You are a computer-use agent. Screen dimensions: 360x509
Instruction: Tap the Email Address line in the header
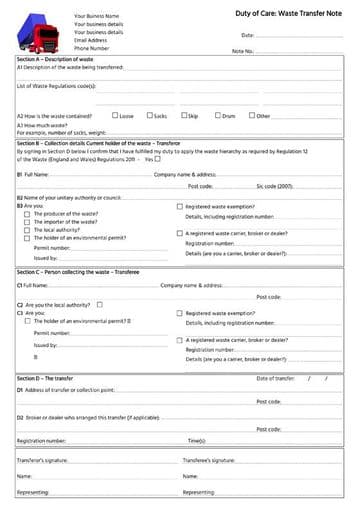92,40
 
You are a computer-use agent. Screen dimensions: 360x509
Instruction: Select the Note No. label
243,50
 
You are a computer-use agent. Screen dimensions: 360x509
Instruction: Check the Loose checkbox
115,115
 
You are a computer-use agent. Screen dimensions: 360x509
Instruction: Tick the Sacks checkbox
149,115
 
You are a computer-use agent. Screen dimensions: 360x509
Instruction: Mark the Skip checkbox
184,115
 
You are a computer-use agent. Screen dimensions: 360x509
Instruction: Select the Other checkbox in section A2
251,115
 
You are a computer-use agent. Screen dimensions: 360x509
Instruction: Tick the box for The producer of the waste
27,214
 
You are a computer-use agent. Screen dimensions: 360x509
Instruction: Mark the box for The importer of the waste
27,221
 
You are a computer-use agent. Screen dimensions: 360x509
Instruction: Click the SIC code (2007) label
274,186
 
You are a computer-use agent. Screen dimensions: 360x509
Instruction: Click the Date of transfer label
275,378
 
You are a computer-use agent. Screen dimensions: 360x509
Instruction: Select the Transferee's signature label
209,460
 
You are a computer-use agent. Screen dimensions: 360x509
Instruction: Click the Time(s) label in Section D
197,440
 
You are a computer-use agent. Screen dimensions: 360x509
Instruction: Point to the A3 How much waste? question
40,124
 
